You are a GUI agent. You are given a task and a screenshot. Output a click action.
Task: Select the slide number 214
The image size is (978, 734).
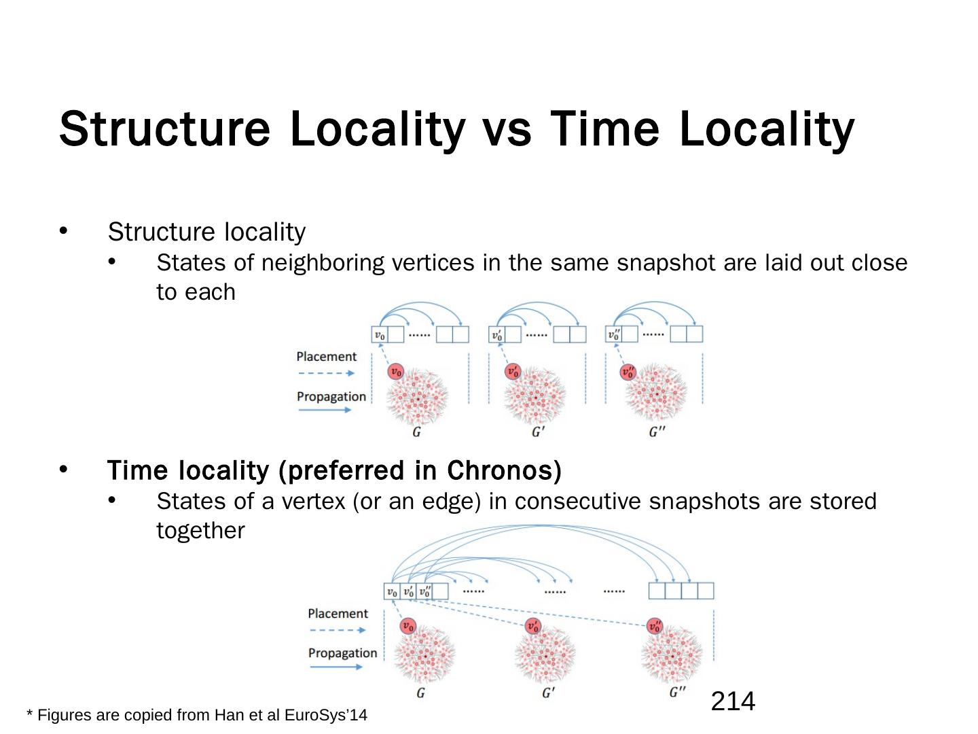click(x=733, y=701)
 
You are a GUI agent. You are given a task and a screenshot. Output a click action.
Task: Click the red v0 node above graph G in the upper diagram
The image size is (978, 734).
click(x=396, y=372)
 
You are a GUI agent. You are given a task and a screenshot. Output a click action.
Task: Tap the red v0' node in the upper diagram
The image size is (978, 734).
click(x=513, y=372)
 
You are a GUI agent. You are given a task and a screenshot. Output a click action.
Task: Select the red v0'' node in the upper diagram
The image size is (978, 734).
click(x=629, y=372)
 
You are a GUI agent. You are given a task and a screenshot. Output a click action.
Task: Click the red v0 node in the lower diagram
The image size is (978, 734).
click(x=407, y=626)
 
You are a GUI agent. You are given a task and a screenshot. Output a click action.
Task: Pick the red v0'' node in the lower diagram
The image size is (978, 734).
click(x=655, y=626)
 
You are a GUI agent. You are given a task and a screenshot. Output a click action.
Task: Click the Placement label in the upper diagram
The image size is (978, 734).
click(x=326, y=357)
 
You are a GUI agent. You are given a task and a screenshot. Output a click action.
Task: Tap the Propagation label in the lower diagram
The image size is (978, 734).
click(x=342, y=653)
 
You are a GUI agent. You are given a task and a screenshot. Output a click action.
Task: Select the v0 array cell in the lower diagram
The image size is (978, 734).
click(x=392, y=591)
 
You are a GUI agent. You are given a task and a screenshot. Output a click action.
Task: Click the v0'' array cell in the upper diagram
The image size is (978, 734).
click(x=614, y=334)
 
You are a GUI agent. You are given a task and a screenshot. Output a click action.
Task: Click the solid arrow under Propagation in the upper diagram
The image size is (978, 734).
click(x=325, y=410)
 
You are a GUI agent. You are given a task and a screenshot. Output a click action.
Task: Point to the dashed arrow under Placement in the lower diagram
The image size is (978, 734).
click(x=337, y=630)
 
